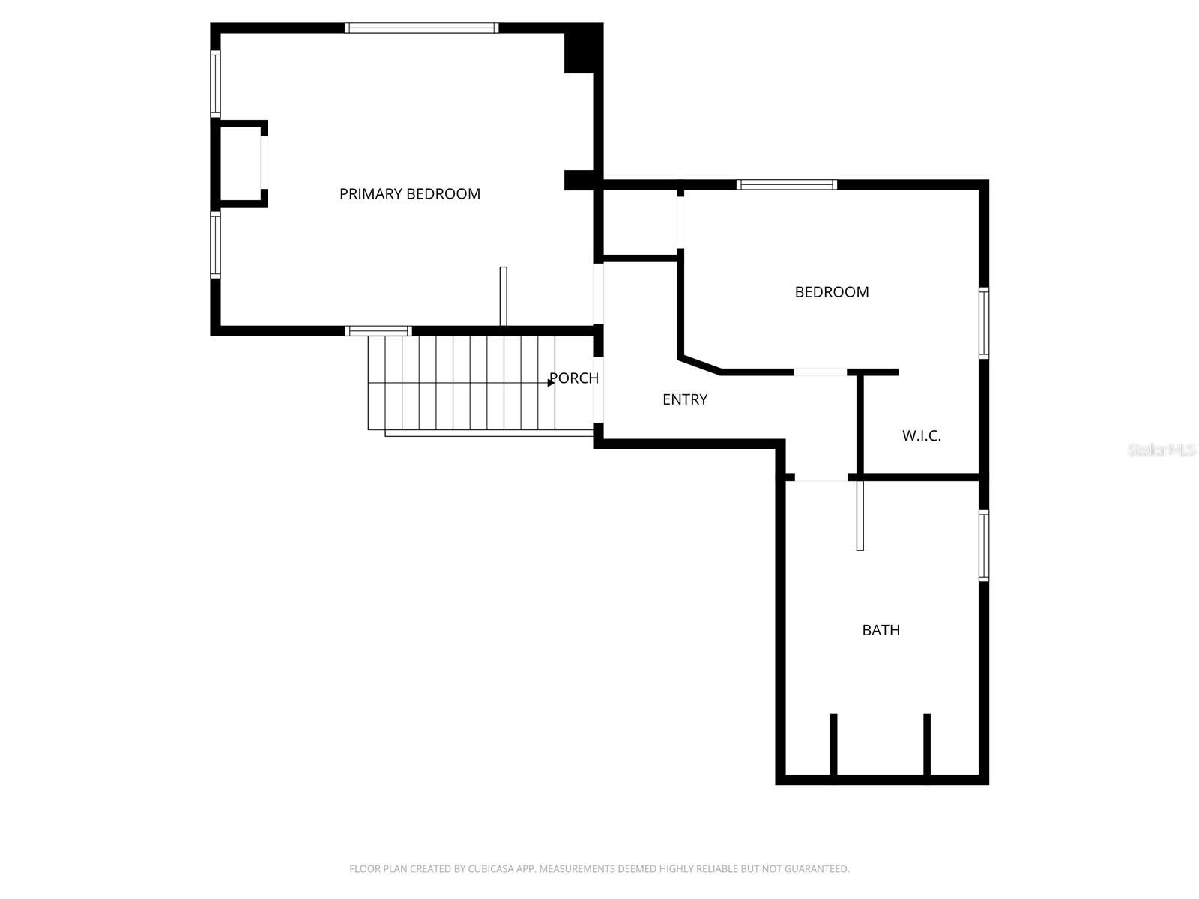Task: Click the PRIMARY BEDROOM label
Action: coord(409,194)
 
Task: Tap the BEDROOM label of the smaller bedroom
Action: coord(832,292)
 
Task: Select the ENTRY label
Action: coord(685,400)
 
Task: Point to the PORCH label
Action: coord(574,378)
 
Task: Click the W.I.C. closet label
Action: coord(921,436)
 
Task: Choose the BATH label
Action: coord(881,630)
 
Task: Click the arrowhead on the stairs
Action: coord(551,383)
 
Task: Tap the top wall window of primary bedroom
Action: coord(421,28)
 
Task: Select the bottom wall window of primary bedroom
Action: coord(378,331)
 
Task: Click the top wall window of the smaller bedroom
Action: coord(786,184)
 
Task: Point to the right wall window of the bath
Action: coord(984,545)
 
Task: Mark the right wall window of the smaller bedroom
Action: coord(984,323)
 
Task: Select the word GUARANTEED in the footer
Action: coord(814,869)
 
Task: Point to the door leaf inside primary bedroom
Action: coord(504,297)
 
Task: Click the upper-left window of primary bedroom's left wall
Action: coord(216,83)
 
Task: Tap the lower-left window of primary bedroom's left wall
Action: coord(216,245)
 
